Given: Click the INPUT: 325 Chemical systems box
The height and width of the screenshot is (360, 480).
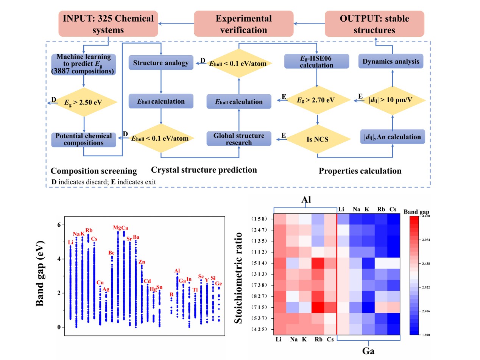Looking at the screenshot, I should tap(108, 24).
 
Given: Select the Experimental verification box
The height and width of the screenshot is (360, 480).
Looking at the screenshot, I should tap(243, 24).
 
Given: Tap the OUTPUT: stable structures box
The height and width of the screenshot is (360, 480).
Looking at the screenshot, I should tap(374, 24).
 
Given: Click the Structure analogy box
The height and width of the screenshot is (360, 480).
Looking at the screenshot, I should tap(161, 62).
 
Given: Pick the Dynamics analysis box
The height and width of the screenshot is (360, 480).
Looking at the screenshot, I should tap(391, 61).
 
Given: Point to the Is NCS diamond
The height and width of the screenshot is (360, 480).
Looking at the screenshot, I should tap(317, 139).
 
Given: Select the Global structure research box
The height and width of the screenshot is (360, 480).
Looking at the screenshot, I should tap(238, 139).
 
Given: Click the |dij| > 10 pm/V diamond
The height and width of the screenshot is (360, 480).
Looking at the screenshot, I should tap(392, 100).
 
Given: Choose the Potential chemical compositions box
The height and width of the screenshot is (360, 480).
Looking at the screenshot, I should tap(84, 139).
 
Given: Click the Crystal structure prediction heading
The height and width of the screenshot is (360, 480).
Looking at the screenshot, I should tap(204, 170).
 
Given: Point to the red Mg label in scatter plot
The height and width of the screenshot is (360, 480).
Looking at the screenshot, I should tap(117, 228).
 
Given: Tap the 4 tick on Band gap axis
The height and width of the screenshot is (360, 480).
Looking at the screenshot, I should tap(59, 259).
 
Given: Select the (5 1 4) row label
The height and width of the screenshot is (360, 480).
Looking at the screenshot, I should tap(260, 263).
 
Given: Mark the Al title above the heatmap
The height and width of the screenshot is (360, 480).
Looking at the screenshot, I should tap(306, 199).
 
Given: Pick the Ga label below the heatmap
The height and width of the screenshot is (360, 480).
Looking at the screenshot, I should tap(368, 351).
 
